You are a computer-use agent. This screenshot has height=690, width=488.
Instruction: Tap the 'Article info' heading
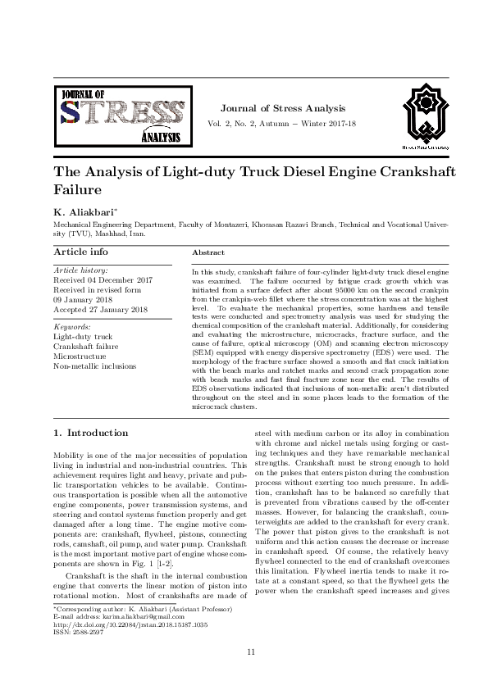click(80, 252)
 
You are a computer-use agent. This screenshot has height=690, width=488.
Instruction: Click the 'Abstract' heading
click(208, 253)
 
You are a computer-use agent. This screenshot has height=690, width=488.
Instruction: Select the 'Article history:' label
click(80, 270)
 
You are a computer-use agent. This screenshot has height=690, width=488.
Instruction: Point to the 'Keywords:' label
click(72, 326)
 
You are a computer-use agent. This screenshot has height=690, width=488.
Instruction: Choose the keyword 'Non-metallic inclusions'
click(95, 366)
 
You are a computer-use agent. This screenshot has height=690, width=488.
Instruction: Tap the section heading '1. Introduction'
click(90, 432)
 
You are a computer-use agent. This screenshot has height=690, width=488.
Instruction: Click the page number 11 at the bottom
click(252, 674)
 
